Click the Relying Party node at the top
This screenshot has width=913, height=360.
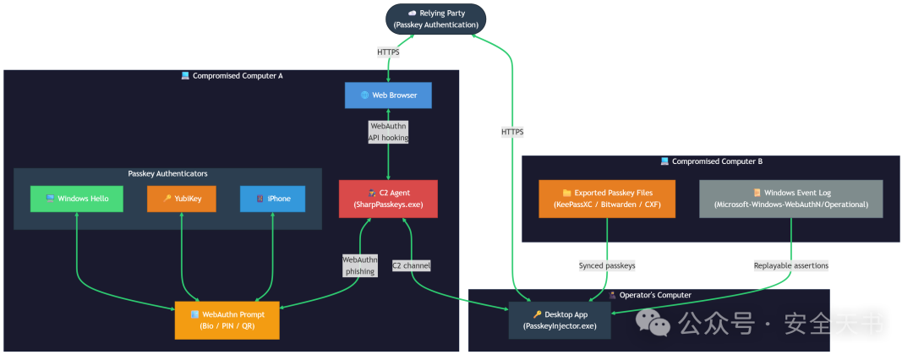point(435,19)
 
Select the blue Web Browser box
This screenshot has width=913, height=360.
point(388,95)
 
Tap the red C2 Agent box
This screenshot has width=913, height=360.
point(388,199)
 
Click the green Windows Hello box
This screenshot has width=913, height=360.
point(77,199)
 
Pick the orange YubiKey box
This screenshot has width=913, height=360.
point(182,199)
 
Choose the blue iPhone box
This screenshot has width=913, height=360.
point(272,199)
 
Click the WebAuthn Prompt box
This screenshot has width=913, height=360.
point(227,320)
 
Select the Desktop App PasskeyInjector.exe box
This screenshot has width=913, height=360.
point(560,320)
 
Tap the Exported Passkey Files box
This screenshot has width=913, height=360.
point(607,199)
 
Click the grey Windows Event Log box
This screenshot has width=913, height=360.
point(790,199)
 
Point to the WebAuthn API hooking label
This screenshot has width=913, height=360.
point(388,132)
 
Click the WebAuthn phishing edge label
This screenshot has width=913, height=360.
point(359,265)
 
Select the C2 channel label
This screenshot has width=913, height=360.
point(411,265)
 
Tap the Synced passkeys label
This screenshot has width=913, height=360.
point(607,265)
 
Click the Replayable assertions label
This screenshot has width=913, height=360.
point(790,265)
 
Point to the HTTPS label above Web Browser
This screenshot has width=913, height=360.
point(388,52)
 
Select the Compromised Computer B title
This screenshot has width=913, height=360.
point(712,161)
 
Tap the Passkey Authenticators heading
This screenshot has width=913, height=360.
point(167,173)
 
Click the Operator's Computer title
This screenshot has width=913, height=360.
point(649,295)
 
